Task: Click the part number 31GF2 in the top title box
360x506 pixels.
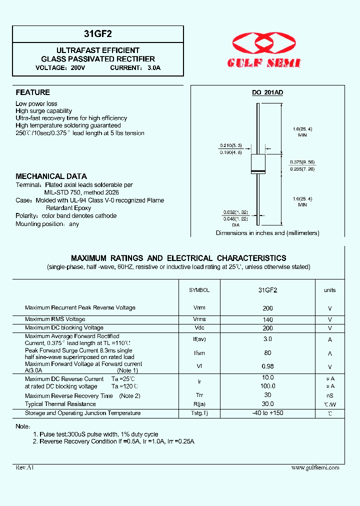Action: click(x=98, y=34)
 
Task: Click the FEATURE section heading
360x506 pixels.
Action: click(x=33, y=92)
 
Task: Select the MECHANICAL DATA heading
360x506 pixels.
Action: click(x=51, y=176)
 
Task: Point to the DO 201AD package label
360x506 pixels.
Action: click(x=267, y=93)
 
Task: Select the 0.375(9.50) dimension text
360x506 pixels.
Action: click(x=302, y=162)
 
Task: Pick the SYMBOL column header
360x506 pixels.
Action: click(x=199, y=290)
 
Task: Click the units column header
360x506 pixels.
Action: click(x=330, y=290)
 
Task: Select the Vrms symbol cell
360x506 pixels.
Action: click(x=199, y=319)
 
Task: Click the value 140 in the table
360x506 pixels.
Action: click(x=268, y=319)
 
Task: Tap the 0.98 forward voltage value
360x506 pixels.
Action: click(x=268, y=366)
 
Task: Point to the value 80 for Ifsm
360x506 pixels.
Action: click(x=268, y=353)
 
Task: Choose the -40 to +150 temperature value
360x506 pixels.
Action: click(x=268, y=413)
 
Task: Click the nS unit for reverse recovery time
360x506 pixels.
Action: click(x=330, y=395)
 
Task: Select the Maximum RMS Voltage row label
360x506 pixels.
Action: click(x=55, y=319)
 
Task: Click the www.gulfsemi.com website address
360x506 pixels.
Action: click(x=315, y=467)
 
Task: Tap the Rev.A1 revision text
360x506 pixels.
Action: click(x=24, y=467)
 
